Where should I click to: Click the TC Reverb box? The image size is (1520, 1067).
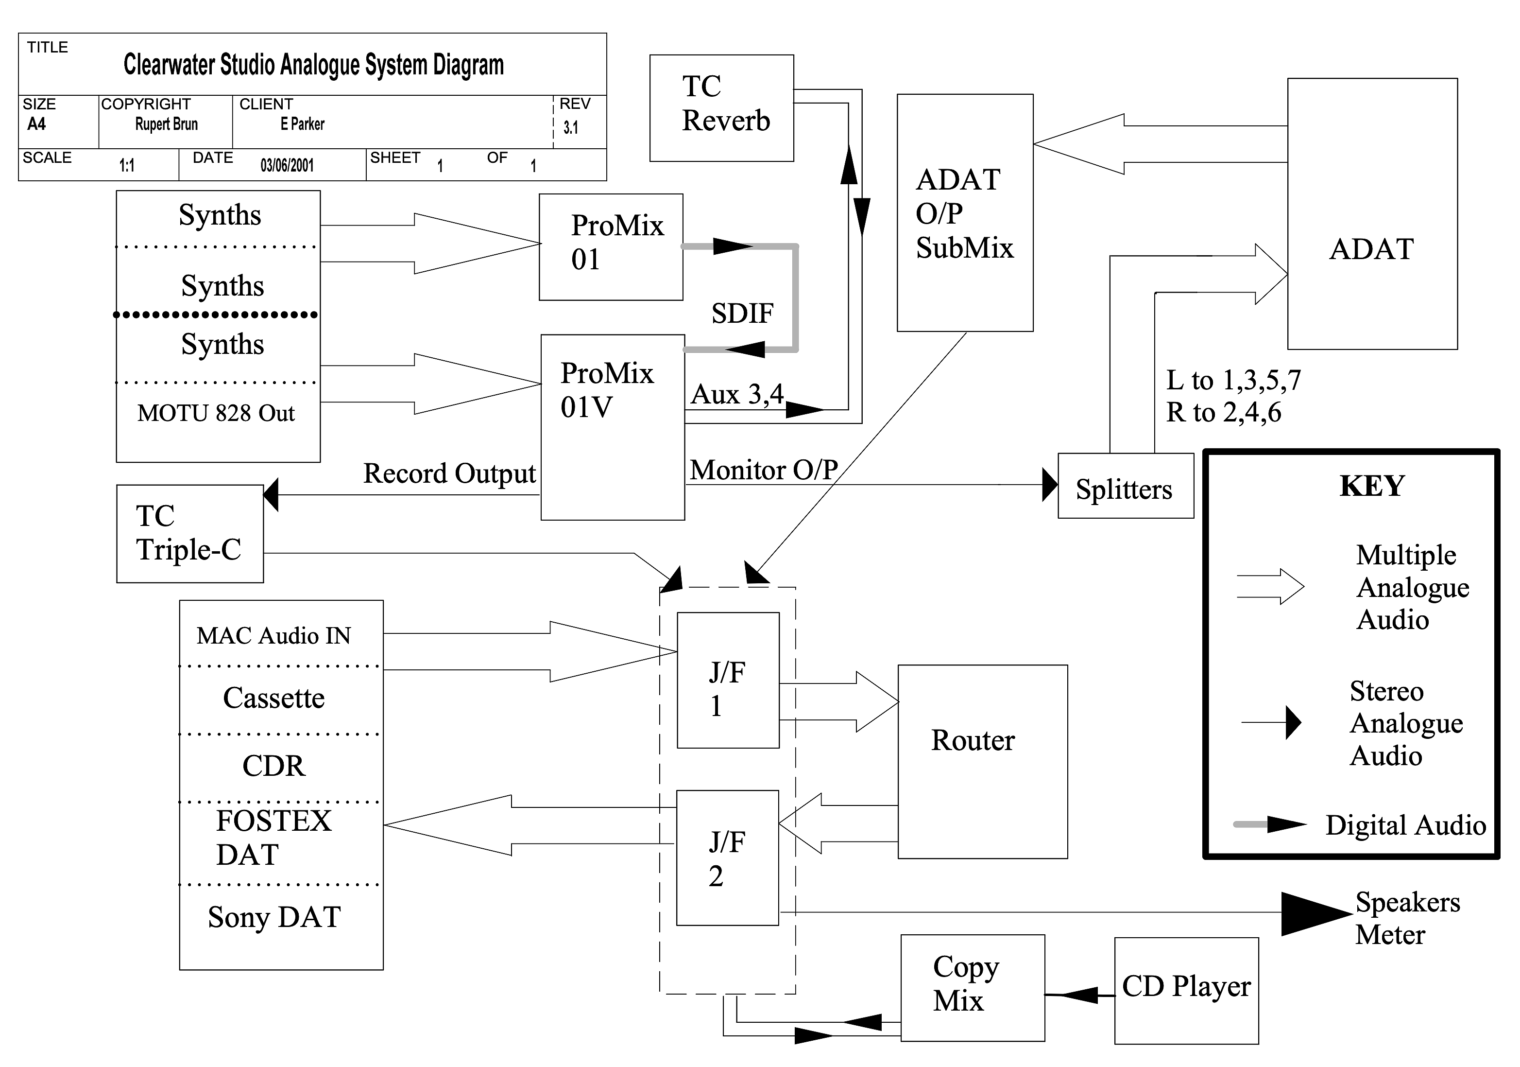(721, 107)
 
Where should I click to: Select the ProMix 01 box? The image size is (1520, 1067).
(611, 246)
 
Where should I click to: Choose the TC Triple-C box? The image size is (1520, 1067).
(189, 533)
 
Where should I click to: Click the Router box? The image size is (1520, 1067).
(982, 762)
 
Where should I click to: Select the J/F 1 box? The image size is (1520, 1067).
(728, 680)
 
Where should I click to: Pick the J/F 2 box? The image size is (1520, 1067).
(727, 857)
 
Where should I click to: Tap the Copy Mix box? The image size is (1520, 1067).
(972, 987)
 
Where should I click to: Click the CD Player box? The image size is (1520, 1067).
(1186, 990)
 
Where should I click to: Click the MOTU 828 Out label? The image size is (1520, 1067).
(216, 413)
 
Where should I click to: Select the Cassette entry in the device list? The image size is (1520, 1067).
(273, 698)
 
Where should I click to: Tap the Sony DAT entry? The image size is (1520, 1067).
(274, 917)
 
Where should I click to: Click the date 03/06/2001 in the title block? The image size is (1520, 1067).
(287, 165)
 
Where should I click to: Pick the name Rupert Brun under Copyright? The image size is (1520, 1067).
(166, 124)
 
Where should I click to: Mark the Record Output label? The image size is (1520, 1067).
(449, 473)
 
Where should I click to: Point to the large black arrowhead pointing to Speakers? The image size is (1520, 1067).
(1314, 914)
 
